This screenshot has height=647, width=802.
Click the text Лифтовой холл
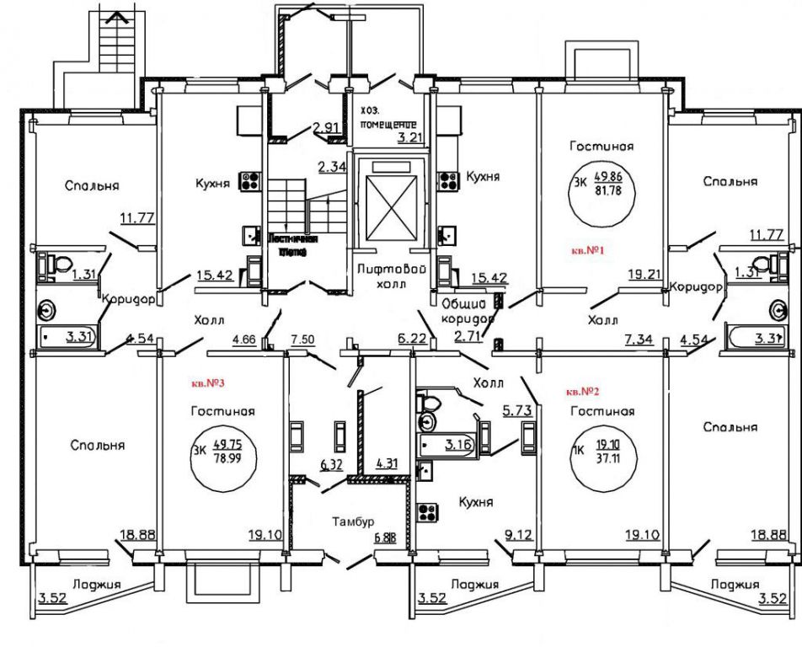pyautogui.click(x=388, y=276)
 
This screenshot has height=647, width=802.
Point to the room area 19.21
pyautogui.click(x=642, y=275)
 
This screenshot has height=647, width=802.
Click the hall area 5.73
pyautogui.click(x=516, y=410)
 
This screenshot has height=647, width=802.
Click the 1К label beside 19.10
pyautogui.click(x=579, y=450)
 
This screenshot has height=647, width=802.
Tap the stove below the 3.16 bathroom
pyautogui.click(x=427, y=512)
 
